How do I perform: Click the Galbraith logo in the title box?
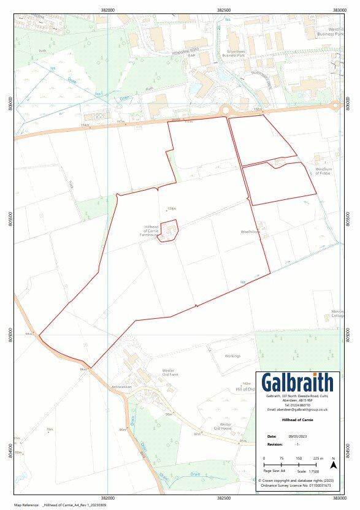pos(297,382)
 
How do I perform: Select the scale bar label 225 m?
pos(318,459)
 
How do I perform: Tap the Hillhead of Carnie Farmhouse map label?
pos(149,230)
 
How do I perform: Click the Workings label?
pos(232,356)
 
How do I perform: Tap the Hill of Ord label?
pos(244,389)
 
